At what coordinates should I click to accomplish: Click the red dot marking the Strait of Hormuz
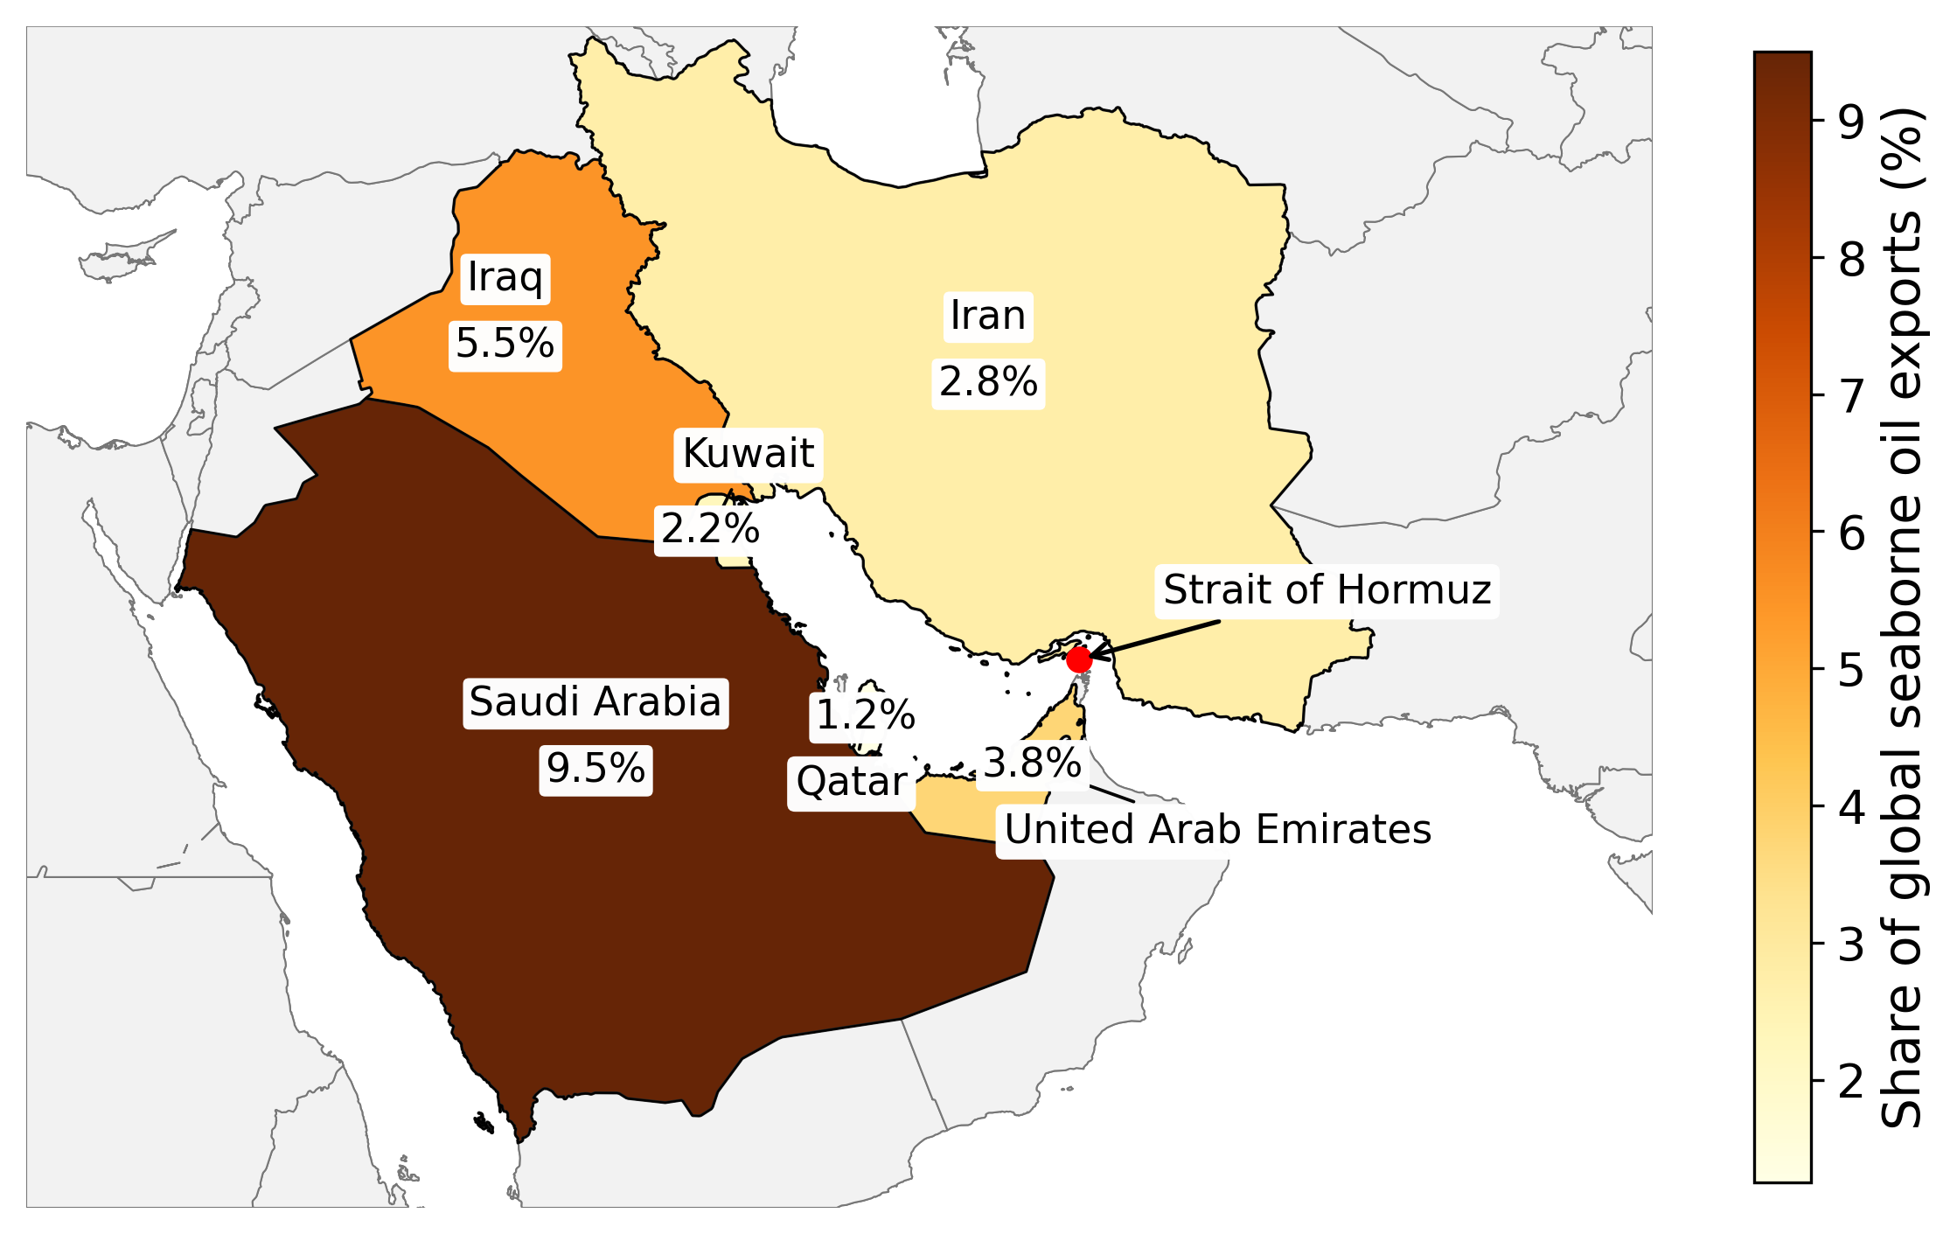coord(1079,659)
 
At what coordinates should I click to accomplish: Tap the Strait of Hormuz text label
coord(1327,590)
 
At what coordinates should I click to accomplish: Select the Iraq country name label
coord(505,278)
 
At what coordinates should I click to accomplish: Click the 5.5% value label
coord(505,344)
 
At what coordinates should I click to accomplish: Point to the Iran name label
coord(988,316)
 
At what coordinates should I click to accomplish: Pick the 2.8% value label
coord(988,382)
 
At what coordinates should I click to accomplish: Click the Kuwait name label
coord(748,454)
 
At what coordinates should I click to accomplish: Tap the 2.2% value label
coord(710,529)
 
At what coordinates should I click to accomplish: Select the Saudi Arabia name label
coord(595,702)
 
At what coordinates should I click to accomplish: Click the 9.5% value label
coord(595,769)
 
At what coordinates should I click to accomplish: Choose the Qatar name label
coord(851,782)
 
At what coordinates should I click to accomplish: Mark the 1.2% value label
coord(865,716)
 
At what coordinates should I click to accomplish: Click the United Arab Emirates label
coord(1217,830)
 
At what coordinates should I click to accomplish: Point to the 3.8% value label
coord(1032,763)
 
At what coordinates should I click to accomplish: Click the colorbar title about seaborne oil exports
coord(1903,617)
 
